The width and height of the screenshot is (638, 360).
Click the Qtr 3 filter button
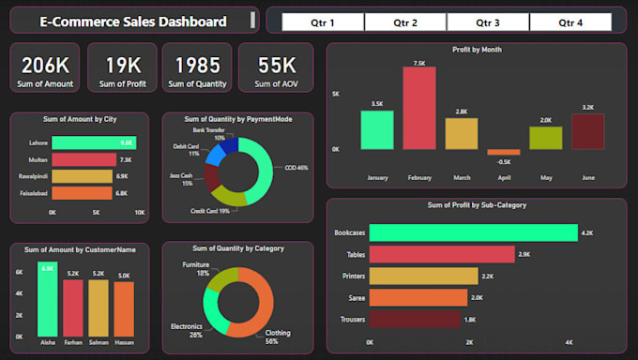[488, 22]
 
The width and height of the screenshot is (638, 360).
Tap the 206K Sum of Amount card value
[45, 65]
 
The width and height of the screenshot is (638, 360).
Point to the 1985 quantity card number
[197, 65]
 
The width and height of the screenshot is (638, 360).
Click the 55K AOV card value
[276, 65]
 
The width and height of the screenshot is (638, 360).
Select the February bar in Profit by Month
[419, 109]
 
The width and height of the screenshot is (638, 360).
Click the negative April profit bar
[503, 152]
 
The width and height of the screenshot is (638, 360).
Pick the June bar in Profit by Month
[587, 131]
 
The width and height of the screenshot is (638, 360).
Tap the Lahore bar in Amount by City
[93, 142]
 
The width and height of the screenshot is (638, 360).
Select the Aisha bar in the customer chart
[47, 300]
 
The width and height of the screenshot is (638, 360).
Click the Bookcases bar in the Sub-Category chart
[473, 232]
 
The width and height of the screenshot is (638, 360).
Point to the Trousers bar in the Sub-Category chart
[415, 320]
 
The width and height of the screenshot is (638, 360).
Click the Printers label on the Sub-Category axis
[350, 276]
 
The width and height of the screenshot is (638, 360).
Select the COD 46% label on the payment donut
[296, 168]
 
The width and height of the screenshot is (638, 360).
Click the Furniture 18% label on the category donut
[195, 269]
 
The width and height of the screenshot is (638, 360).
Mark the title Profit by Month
[476, 49]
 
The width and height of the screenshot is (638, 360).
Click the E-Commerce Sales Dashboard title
[132, 22]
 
